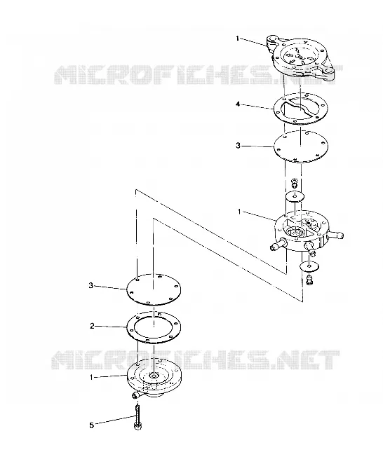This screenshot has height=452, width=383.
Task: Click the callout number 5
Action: click(x=91, y=425)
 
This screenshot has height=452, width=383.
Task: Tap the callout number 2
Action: click(x=92, y=326)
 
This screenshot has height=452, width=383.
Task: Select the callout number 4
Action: click(x=238, y=104)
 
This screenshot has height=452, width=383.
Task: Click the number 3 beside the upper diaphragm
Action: click(x=238, y=146)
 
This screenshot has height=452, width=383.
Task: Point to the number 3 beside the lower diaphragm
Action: click(x=91, y=285)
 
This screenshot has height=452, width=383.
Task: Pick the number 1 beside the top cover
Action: click(x=238, y=38)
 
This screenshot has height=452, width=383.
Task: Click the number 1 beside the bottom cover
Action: click(x=91, y=377)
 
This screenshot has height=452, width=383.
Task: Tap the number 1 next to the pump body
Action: click(x=239, y=212)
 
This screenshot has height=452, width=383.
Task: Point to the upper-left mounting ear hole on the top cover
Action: click(x=272, y=39)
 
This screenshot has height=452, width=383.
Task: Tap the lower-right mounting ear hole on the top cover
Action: click(x=329, y=70)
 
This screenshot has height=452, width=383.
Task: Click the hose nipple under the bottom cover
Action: click(x=136, y=395)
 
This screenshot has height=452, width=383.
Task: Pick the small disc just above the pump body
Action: click(x=295, y=196)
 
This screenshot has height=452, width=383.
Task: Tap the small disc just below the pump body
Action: click(x=309, y=266)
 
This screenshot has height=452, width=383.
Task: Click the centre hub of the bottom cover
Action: click(x=153, y=375)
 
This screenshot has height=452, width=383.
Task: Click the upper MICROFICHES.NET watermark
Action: click(x=199, y=74)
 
